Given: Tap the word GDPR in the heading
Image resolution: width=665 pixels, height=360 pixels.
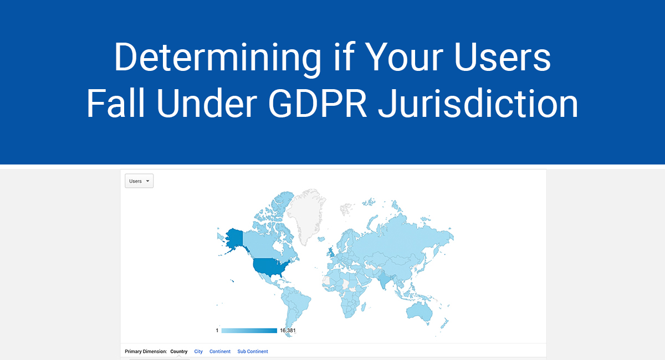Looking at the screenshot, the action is coord(318,104).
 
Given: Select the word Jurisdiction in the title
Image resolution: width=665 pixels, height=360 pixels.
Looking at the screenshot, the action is coord(478,104).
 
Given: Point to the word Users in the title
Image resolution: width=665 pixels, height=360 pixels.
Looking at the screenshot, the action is coord(502,57).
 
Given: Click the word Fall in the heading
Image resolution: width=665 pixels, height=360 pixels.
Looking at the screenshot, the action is coord(115,103).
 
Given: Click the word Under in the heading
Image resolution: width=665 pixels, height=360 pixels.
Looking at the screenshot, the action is coord(207,104).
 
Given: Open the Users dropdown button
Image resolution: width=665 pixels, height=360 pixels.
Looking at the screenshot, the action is coord(139,181).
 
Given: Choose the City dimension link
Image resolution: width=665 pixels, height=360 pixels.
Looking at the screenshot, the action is coord(198,351).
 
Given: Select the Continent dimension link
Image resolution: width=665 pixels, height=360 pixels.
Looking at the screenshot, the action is coord(220,351).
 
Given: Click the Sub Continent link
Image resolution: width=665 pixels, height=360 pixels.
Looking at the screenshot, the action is coord(253,351).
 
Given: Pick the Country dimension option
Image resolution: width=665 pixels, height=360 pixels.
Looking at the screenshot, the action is coord(178,351).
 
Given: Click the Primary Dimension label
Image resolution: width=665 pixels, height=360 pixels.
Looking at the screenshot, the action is coord(146,351).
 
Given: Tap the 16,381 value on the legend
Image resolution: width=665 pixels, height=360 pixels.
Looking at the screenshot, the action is coord(288,331).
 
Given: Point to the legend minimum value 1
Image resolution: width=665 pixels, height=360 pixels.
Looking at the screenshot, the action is coord(217,331).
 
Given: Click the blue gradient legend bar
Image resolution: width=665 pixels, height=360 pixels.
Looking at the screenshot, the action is coord(249,331).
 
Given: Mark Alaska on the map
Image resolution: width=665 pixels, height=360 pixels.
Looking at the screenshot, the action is coord(234,239).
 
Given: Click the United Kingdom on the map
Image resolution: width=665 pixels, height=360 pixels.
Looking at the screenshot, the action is coord(331,252).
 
